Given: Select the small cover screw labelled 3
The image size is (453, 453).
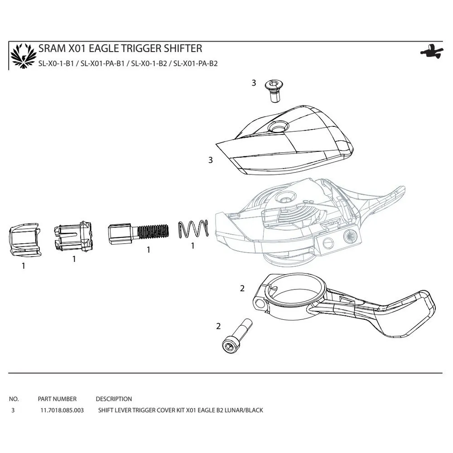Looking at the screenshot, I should [273, 91].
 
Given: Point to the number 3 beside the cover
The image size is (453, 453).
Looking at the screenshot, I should [210, 160].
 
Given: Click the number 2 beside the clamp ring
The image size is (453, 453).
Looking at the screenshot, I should [242, 288].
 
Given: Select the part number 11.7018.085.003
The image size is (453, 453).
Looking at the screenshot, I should [61, 410].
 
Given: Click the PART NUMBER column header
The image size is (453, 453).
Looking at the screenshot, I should [57, 399].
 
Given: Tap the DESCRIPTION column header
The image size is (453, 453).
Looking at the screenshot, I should [114, 399].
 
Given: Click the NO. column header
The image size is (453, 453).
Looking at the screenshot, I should [14, 399].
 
